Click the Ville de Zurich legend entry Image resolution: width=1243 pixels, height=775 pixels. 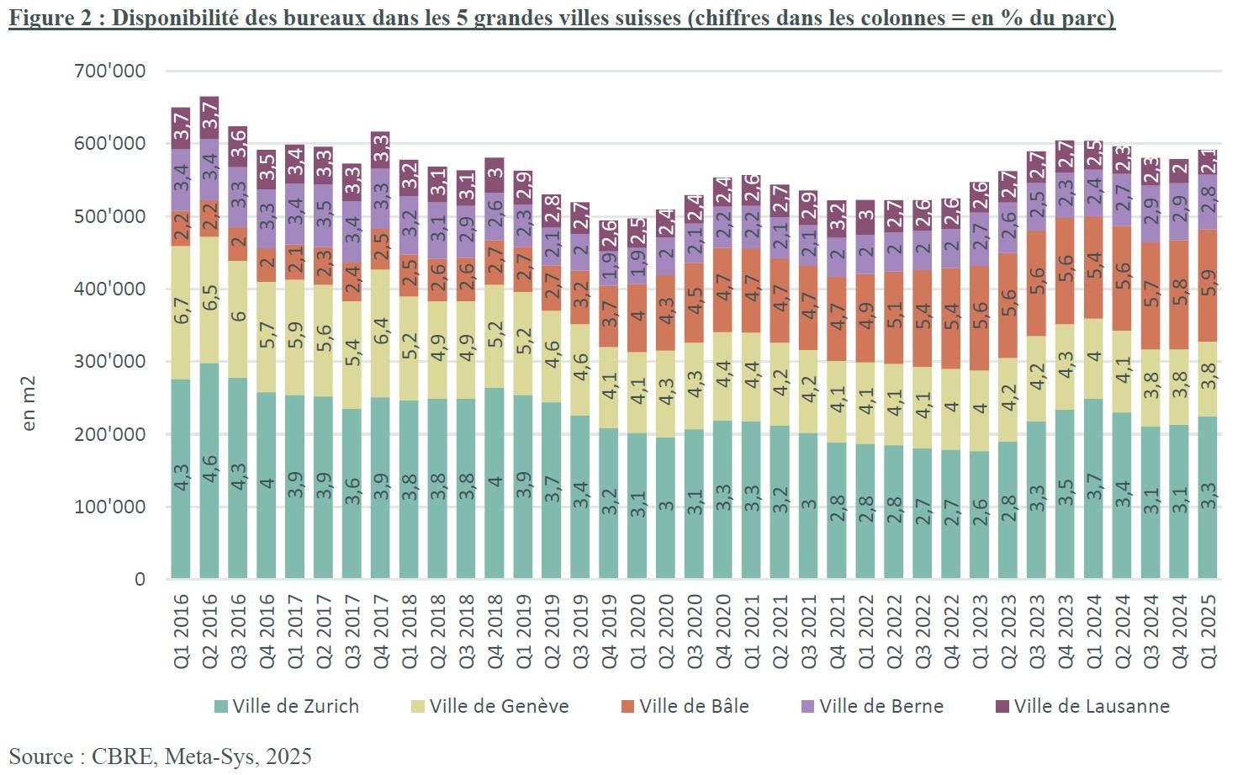(x=287, y=706)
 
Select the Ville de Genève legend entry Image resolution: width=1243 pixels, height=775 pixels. (x=489, y=706)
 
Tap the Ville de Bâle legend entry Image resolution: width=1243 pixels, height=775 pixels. (x=685, y=706)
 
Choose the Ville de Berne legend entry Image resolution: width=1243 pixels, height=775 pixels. (x=872, y=706)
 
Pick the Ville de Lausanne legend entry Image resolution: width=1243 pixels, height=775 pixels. (x=1082, y=706)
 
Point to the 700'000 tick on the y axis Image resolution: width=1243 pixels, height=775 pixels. (x=110, y=71)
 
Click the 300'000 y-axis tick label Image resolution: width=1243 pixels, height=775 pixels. (x=110, y=361)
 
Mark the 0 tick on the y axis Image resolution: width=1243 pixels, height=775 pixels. (x=140, y=579)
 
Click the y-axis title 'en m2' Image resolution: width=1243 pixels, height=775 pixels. (x=29, y=404)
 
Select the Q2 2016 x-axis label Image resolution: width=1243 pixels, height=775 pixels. (x=210, y=631)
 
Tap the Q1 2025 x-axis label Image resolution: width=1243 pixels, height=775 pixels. (x=1209, y=631)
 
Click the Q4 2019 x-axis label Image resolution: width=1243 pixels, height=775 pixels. (x=609, y=631)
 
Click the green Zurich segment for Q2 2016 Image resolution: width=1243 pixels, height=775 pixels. (x=209, y=471)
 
